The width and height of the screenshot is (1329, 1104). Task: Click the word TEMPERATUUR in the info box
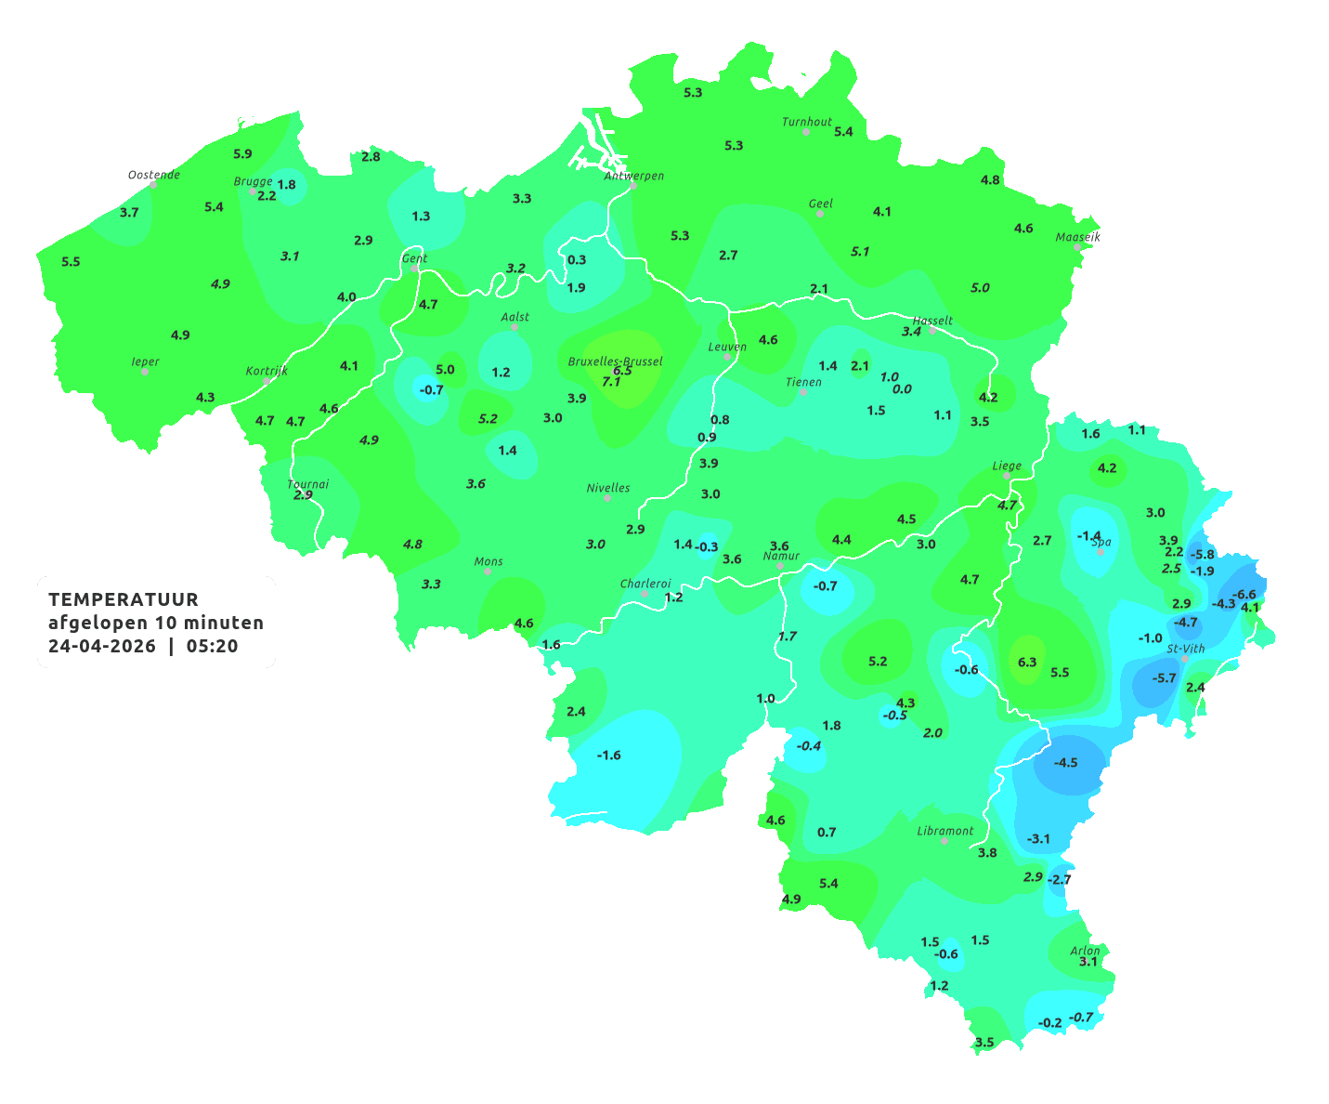[x=124, y=599]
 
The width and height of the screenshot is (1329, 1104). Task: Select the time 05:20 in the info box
[x=212, y=647]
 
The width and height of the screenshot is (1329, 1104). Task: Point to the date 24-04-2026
[x=102, y=647]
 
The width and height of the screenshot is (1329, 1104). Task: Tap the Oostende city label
[x=153, y=175]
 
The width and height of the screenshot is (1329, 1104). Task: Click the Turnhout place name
[x=807, y=122]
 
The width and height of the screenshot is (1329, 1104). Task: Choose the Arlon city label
[x=1085, y=951]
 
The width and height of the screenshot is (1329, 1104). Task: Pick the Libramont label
[x=945, y=831]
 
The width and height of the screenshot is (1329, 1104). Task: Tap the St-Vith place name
[x=1186, y=649]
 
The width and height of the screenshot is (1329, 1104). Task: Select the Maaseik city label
[x=1077, y=237]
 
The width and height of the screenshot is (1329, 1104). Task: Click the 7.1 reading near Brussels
[x=611, y=382]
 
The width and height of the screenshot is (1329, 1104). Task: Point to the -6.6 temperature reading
[x=1244, y=595]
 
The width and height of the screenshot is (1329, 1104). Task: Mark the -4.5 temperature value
[x=1065, y=763]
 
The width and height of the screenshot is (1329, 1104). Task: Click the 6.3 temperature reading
[x=1027, y=663]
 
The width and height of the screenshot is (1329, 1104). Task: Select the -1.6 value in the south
[x=608, y=756]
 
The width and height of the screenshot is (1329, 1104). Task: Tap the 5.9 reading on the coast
[x=242, y=154]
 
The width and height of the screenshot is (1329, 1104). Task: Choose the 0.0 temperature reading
[x=902, y=389]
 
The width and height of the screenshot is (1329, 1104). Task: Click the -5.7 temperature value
[x=1164, y=678]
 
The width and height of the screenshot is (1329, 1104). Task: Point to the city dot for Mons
[x=488, y=572]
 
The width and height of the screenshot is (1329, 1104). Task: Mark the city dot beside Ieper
[x=145, y=372]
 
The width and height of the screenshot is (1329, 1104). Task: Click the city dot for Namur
[x=781, y=566]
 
